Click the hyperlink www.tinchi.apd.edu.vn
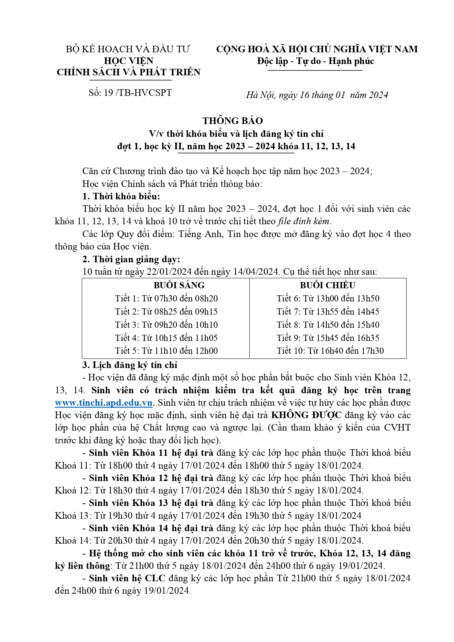(104, 403)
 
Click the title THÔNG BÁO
(233, 121)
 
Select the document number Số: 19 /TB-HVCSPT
(130, 93)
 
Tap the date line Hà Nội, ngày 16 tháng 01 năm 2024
(317, 95)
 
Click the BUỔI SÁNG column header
(179, 285)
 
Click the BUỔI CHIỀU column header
(327, 285)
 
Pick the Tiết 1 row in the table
(166, 299)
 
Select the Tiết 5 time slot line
(166, 351)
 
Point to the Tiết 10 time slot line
(330, 351)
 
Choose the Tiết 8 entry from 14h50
(328, 325)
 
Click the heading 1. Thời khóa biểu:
(121, 196)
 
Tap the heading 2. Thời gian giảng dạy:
(131, 259)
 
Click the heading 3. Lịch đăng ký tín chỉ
(130, 365)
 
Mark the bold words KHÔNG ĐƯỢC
(306, 415)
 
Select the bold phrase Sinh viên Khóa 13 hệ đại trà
(151, 503)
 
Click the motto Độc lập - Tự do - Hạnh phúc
(315, 61)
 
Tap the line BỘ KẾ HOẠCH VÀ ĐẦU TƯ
(128, 49)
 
